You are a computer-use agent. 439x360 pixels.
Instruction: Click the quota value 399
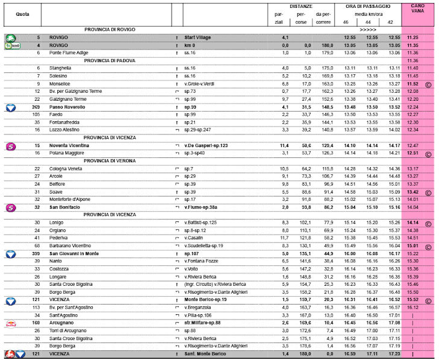36,254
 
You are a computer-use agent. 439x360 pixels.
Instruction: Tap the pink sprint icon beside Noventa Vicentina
10,145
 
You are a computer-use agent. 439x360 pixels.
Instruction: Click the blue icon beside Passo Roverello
10,107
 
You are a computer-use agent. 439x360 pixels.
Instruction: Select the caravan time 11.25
413,37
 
